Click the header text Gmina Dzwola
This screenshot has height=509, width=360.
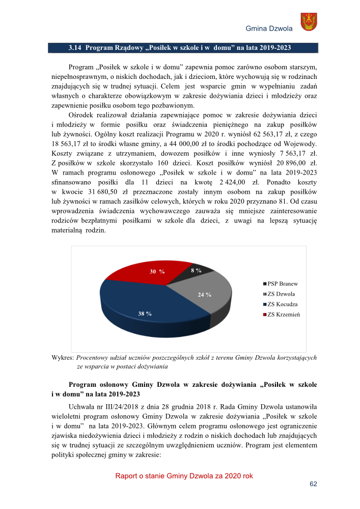point(269,29)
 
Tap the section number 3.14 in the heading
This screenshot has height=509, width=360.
point(75,48)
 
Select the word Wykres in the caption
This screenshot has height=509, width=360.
point(63,357)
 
